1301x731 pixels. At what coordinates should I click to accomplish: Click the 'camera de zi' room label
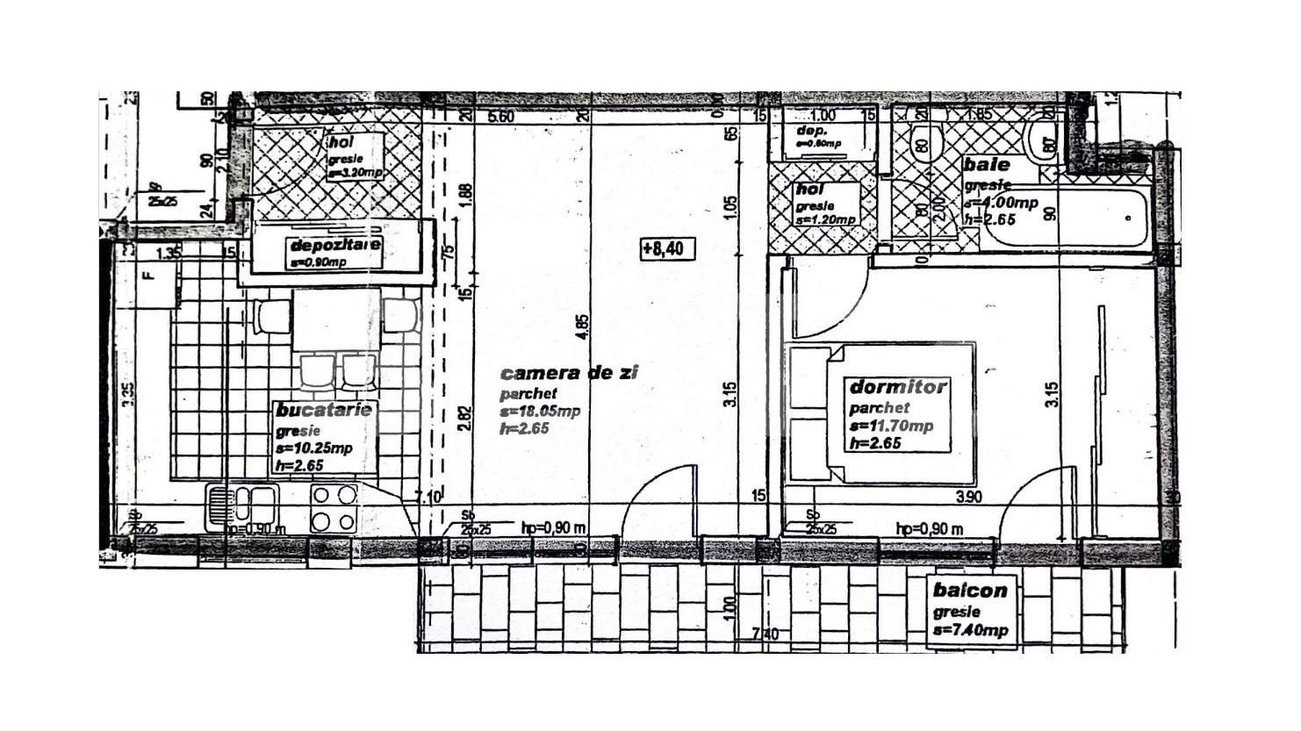click(x=569, y=373)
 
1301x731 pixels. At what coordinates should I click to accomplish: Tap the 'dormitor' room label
click(x=898, y=387)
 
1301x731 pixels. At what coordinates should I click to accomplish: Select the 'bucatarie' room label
click(x=324, y=411)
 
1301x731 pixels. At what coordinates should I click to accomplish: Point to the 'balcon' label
click(x=970, y=591)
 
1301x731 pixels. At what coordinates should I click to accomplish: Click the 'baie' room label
click(x=987, y=165)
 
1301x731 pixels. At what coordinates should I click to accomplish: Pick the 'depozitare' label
click(x=334, y=245)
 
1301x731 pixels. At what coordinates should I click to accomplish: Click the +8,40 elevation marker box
click(x=667, y=249)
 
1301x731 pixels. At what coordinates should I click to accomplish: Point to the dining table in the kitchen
click(x=336, y=319)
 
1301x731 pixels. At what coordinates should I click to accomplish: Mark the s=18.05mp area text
click(x=539, y=412)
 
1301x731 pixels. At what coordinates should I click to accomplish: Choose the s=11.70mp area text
click(x=890, y=426)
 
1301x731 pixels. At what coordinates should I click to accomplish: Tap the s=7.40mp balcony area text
click(x=970, y=631)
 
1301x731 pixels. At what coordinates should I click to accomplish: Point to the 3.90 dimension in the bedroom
click(x=967, y=497)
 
